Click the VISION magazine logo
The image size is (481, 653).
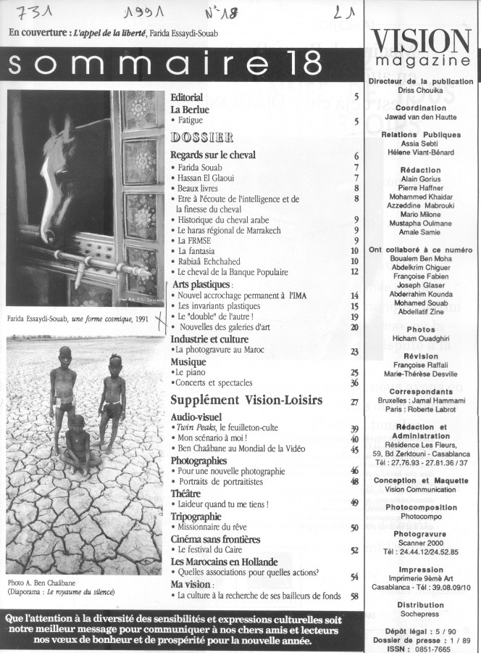point(422,48)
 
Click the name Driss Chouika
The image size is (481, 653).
point(422,92)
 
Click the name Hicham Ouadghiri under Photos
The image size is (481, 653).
point(422,340)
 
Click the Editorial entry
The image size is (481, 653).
point(186,97)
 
